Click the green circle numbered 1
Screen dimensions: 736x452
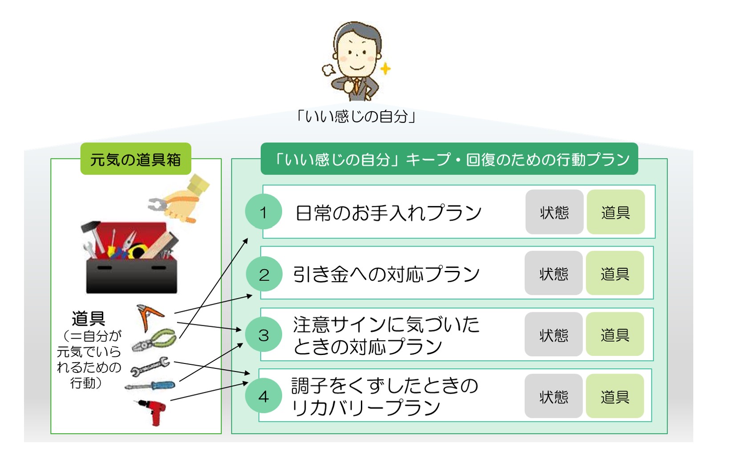(x=263, y=212)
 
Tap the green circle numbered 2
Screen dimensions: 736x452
(x=264, y=274)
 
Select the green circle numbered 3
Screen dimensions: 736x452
(x=263, y=335)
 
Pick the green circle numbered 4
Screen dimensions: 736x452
(x=263, y=395)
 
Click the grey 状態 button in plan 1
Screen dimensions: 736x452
(x=554, y=212)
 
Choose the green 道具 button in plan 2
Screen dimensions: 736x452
(x=615, y=273)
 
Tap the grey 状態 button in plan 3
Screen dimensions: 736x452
(x=554, y=334)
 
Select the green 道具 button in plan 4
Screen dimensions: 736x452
(x=615, y=396)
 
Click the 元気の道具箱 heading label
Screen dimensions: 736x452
(x=136, y=159)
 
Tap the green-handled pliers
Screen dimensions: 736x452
(x=154, y=340)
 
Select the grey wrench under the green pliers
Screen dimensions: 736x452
(x=150, y=366)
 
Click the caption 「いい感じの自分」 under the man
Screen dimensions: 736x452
(x=356, y=116)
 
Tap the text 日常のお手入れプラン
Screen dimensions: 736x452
(x=388, y=212)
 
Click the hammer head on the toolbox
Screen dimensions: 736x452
(x=90, y=226)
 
